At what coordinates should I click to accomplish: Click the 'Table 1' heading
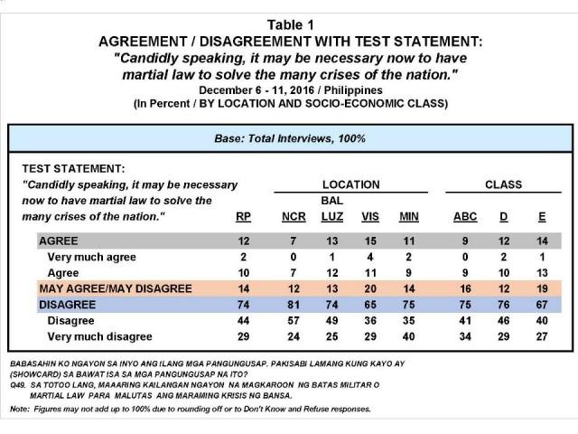(289, 11)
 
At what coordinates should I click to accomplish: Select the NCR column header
(293, 218)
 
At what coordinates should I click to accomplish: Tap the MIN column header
(409, 218)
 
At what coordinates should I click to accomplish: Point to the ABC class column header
(459, 218)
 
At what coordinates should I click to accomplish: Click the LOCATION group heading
(350, 184)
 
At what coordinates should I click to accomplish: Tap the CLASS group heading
(503, 184)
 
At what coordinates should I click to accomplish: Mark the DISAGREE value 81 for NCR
(293, 306)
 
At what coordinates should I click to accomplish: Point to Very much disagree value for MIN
(409, 338)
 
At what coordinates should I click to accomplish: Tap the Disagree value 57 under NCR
(293, 322)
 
